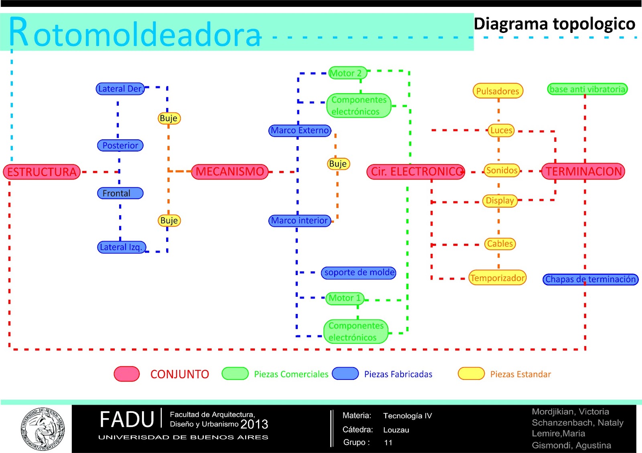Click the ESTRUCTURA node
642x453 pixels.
coord(42,172)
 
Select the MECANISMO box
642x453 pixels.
coord(230,171)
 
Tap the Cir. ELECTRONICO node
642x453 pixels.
coord(416,171)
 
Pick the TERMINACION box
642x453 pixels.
coord(583,171)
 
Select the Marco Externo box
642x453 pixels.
coord(300,131)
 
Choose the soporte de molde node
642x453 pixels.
coord(359,273)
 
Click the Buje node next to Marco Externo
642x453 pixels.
coord(338,164)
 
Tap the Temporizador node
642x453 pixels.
coord(497,278)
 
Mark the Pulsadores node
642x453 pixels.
coord(498,91)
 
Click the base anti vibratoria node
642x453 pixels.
coord(587,89)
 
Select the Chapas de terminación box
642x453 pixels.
coord(590,279)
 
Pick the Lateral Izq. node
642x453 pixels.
coord(122,247)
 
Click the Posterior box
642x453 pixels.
coord(120,145)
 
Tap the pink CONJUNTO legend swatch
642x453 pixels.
coord(127,374)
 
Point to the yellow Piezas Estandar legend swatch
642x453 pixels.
coord(471,373)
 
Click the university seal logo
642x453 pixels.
coord(42,429)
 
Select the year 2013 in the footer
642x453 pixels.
coord(254,424)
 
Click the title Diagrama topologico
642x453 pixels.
coord(555,24)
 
